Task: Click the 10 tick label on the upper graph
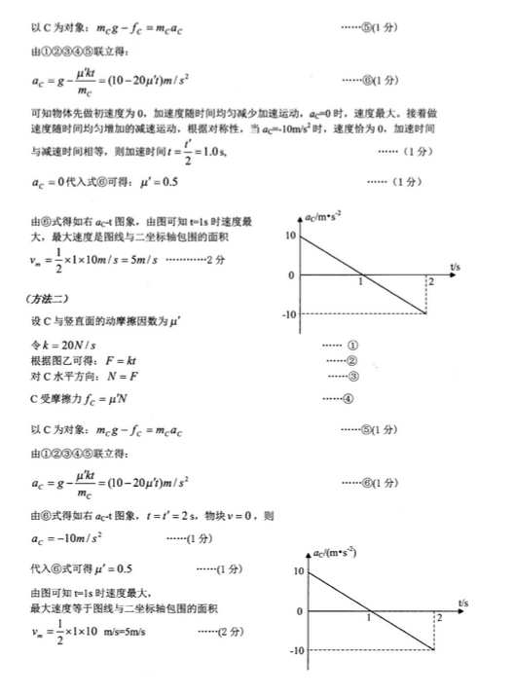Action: (x=291, y=236)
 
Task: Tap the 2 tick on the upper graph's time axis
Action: (x=429, y=281)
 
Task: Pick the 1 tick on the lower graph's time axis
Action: (x=369, y=618)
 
